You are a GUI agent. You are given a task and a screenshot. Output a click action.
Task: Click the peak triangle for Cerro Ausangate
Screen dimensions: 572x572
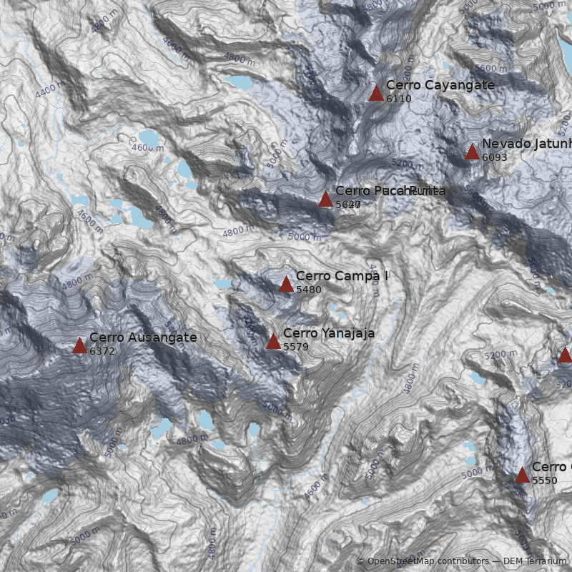click(79, 346)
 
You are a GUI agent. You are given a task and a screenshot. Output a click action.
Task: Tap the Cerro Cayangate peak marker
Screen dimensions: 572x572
click(376, 93)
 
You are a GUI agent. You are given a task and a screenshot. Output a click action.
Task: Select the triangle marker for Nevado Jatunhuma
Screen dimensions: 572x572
click(472, 152)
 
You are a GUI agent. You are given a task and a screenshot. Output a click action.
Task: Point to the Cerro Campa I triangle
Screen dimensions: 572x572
click(286, 285)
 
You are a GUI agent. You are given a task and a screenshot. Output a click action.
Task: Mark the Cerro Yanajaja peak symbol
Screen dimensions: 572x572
click(273, 341)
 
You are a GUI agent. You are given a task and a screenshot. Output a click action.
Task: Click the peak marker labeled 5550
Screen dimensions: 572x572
click(522, 475)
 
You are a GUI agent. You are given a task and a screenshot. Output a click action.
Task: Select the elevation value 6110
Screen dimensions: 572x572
click(399, 99)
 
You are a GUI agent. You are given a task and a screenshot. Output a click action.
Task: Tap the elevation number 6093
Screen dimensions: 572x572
click(495, 157)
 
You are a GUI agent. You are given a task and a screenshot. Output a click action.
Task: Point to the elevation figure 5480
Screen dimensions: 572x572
click(309, 290)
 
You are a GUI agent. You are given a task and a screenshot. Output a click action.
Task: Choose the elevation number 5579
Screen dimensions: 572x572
click(296, 347)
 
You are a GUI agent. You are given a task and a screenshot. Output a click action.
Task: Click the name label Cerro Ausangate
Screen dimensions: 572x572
click(143, 337)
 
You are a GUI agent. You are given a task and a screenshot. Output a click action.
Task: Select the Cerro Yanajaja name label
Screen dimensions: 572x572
click(329, 333)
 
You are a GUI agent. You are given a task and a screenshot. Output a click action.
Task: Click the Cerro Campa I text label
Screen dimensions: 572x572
click(342, 276)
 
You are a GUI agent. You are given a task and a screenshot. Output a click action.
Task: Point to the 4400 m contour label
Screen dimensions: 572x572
click(49, 91)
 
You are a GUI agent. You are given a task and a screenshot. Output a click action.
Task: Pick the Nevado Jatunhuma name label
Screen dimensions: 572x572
click(526, 144)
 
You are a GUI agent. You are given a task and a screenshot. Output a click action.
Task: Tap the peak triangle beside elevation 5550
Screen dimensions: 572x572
click(522, 475)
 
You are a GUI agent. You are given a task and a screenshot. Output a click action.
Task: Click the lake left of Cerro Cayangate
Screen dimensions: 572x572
click(237, 82)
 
